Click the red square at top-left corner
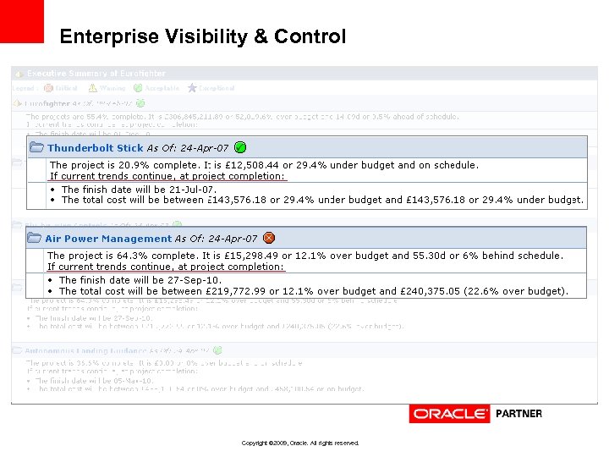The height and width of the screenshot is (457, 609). pos(21,20)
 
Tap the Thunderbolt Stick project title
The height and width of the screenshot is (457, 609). pos(95,148)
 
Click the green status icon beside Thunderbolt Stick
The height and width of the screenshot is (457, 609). pos(240,147)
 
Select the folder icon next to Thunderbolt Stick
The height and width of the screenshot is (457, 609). pos(36,148)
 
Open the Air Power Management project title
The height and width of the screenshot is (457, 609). pos(108,239)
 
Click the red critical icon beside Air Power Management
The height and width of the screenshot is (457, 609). pos(269,238)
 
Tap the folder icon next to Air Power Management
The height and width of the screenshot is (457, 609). pos(35,239)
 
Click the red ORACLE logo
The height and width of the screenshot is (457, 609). pos(449,414)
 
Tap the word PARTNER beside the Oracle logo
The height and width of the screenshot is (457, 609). pos(518,414)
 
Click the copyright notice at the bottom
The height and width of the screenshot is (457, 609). pos(300,443)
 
